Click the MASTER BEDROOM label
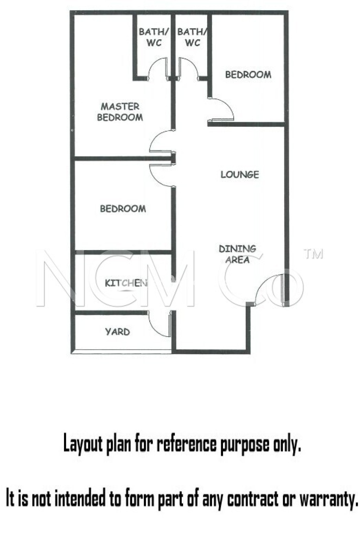point(120,112)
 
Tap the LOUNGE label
point(240,175)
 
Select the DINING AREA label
point(237,254)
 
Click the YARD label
point(117,332)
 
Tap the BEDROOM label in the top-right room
point(248,75)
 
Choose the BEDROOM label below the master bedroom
point(123,209)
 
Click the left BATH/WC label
point(154,37)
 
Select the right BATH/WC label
point(192,37)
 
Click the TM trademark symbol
point(314,254)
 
